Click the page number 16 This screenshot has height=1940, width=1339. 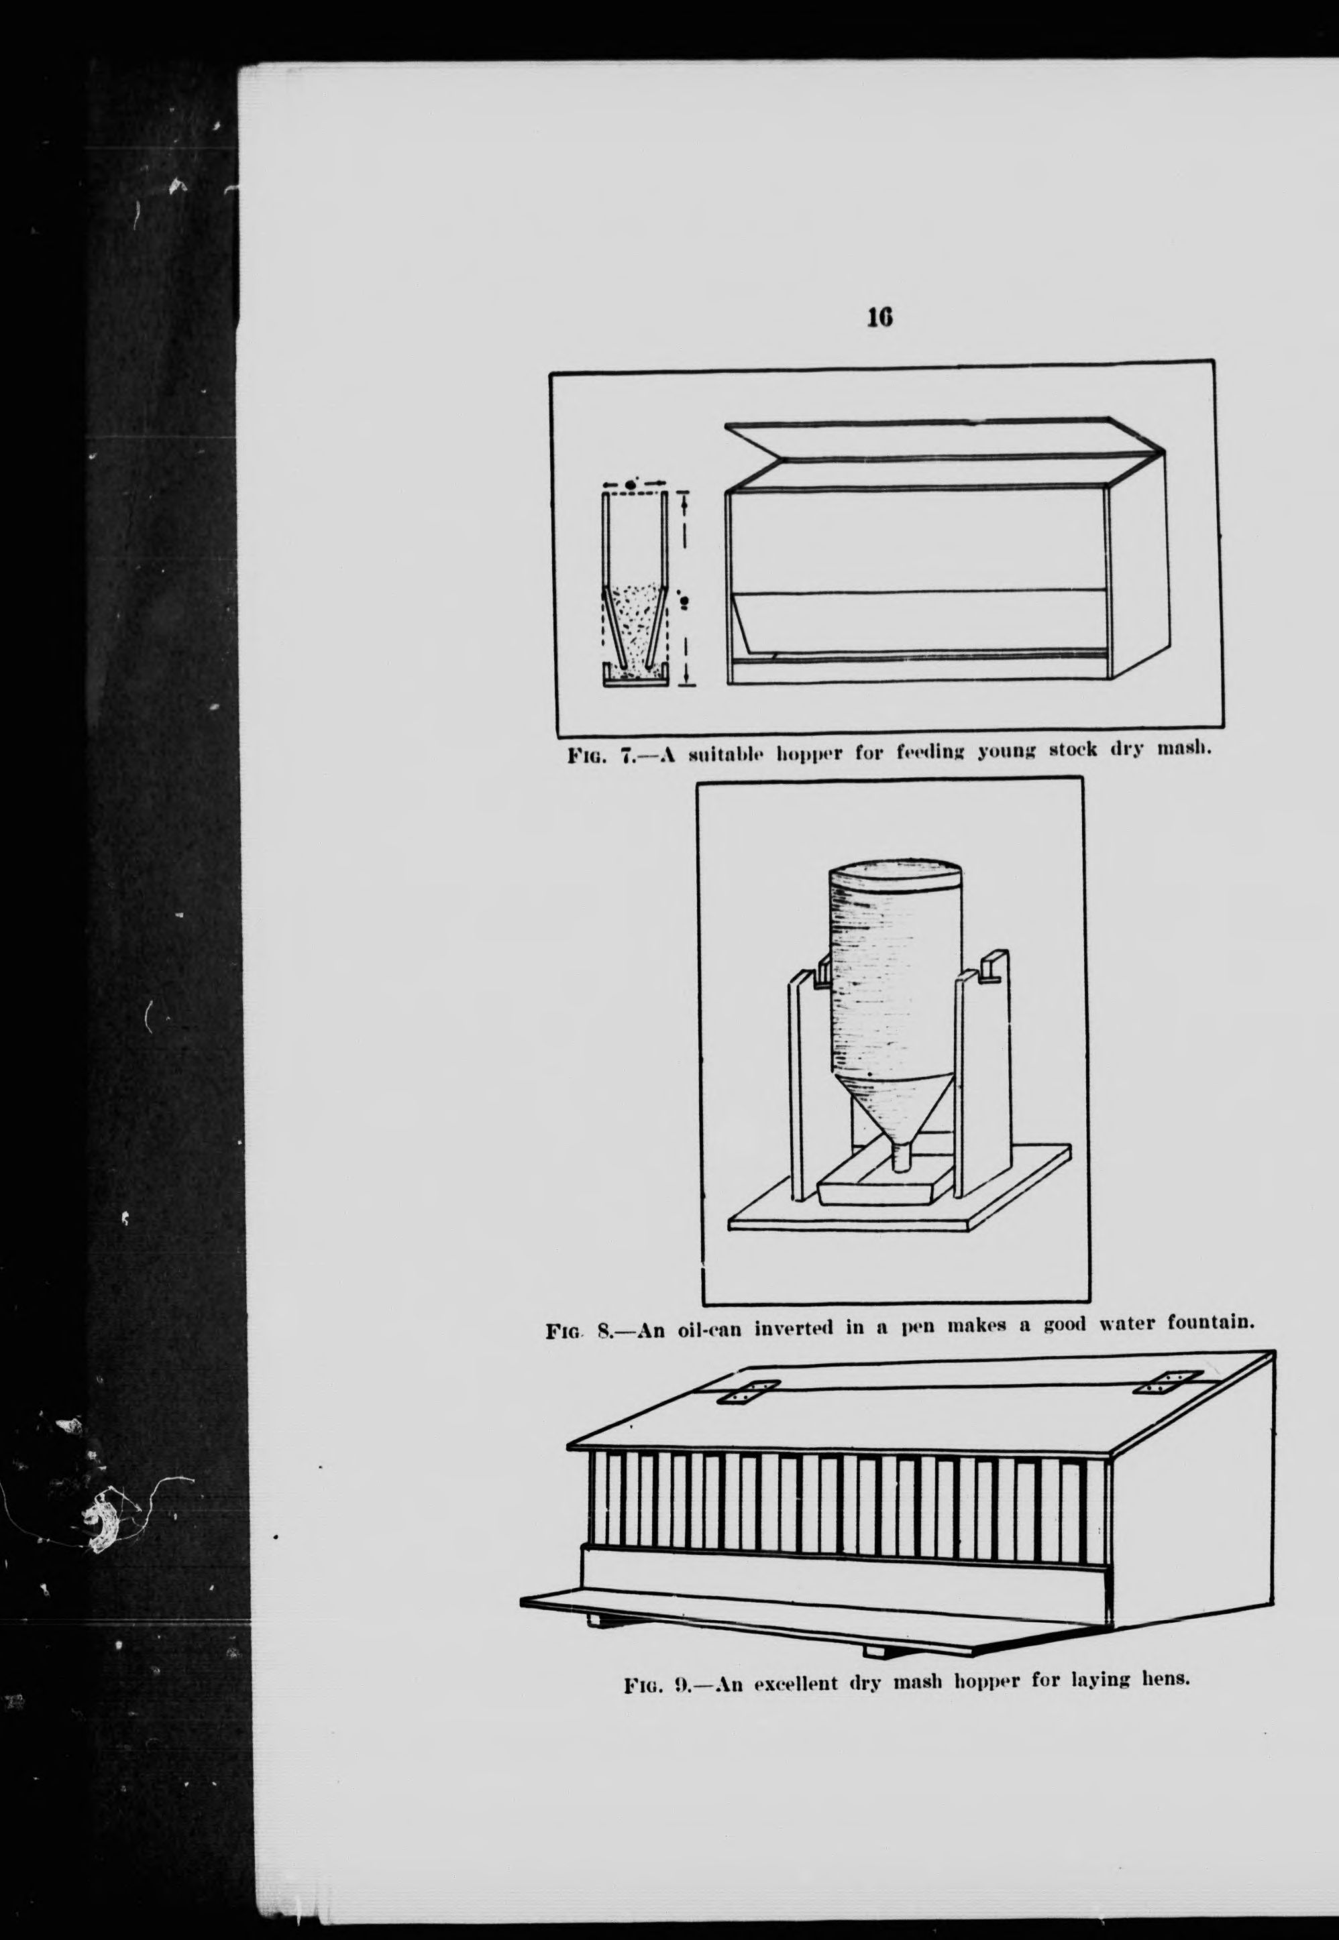click(x=880, y=317)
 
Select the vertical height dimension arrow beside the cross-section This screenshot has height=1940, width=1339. click(x=686, y=588)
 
